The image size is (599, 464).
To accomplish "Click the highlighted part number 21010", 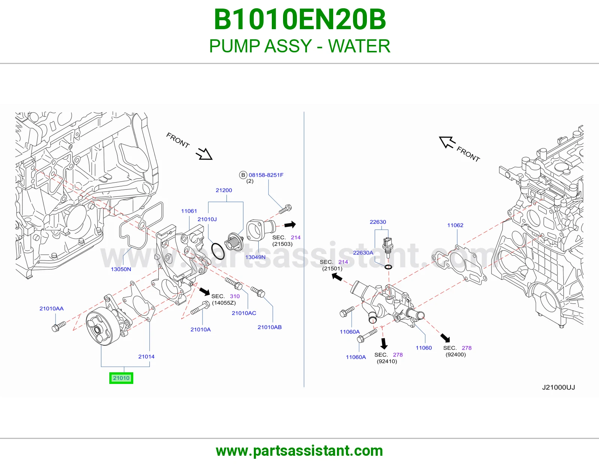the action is (121, 378).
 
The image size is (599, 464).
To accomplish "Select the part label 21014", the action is (146, 356).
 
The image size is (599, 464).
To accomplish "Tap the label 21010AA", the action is (52, 308).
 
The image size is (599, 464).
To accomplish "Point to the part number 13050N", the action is (121, 269).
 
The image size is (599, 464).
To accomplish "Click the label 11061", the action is (189, 211).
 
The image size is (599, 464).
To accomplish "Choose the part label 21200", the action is (224, 190).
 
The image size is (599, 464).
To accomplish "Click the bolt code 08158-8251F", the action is (266, 175).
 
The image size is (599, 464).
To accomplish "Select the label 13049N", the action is (255, 257).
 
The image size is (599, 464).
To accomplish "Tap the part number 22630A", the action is (363, 252).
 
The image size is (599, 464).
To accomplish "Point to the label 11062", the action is (455, 225).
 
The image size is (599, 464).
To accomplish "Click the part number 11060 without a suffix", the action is (424, 348).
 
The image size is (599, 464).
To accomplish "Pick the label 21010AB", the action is (270, 327).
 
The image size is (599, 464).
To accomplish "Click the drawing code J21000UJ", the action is (559, 387).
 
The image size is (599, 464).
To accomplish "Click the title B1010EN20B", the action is (299, 19).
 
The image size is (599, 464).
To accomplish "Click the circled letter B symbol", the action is (243, 175).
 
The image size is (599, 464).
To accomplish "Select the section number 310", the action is (235, 296).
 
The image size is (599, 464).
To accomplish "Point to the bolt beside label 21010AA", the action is (59, 326).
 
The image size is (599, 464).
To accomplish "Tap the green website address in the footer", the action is (299, 451).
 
